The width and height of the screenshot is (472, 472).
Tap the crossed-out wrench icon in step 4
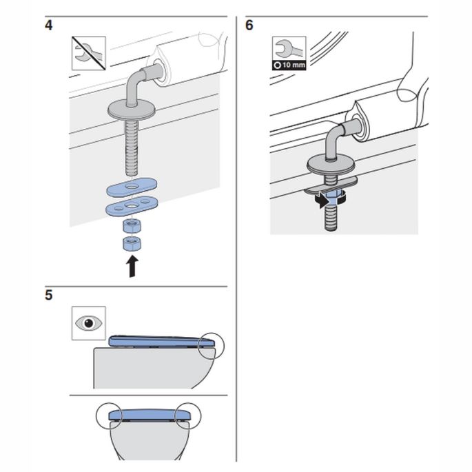click(89, 53)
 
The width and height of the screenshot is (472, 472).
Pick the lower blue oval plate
click(131, 206)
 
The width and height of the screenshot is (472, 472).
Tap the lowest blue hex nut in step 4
click(130, 243)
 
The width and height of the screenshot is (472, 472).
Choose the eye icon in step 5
click(89, 322)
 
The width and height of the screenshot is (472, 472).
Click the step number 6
click(249, 25)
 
